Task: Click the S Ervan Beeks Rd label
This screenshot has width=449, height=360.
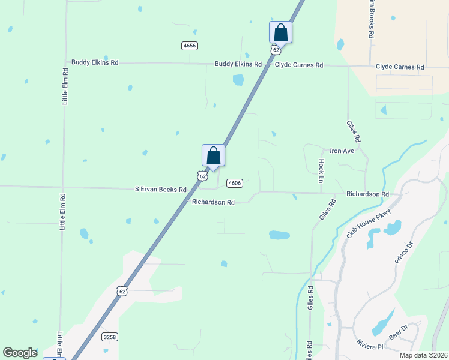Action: point(160,189)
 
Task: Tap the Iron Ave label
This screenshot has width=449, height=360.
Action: point(342,151)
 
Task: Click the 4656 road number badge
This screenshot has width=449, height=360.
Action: point(190,46)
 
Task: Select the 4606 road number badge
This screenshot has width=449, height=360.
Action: point(234,183)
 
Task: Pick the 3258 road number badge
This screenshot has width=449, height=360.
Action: point(109,337)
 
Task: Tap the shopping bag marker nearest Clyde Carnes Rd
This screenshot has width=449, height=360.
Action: point(280,32)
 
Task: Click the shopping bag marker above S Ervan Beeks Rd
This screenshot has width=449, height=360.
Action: point(213,155)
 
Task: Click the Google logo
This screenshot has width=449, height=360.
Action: point(20,353)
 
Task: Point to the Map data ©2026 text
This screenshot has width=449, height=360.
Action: point(423,355)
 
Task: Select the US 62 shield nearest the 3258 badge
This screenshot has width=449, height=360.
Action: point(122,291)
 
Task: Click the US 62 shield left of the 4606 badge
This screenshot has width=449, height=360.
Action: point(202,176)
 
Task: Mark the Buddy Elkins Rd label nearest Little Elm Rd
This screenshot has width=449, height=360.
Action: point(95,62)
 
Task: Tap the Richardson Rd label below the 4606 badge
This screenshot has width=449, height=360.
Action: point(213,202)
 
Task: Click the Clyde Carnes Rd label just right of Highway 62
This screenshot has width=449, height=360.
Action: point(299,65)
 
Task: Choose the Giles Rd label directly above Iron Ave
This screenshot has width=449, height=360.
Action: point(354,131)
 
